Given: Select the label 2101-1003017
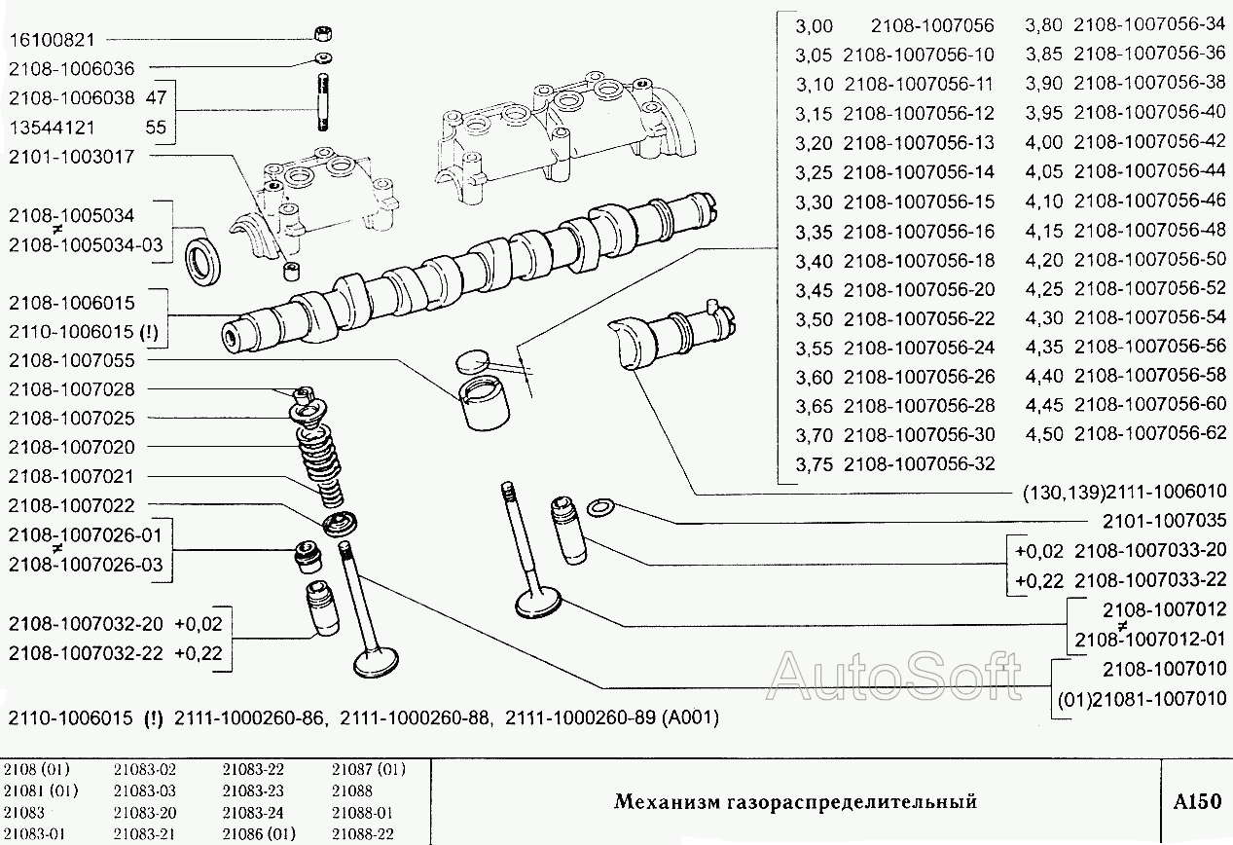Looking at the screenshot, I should point(71,156).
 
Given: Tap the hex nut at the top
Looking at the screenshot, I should point(322,35).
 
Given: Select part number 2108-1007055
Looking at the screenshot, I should point(71,360).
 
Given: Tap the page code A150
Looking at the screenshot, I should point(1196,802).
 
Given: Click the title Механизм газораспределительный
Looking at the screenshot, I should point(794,802).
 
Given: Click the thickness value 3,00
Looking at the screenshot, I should point(814,25).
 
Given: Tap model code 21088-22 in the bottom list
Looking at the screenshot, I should point(362,834).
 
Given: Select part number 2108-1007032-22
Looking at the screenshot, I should point(86,653).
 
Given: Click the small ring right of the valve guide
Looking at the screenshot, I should point(603,507).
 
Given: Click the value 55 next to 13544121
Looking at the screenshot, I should point(156,127).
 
